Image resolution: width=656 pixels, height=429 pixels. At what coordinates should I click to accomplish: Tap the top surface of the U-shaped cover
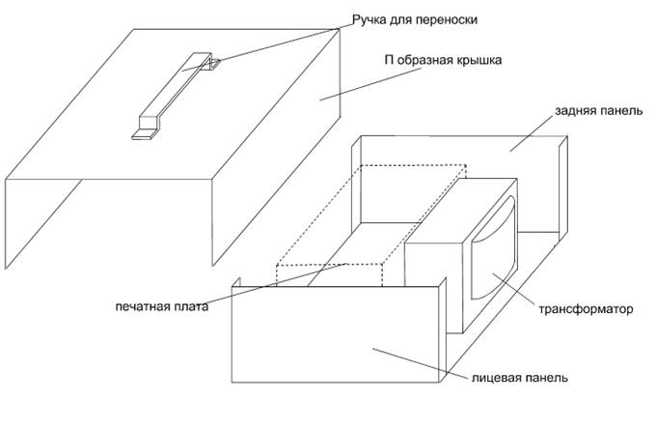[241, 126]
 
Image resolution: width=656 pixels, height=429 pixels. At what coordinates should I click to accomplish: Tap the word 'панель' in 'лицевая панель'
[545, 377]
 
